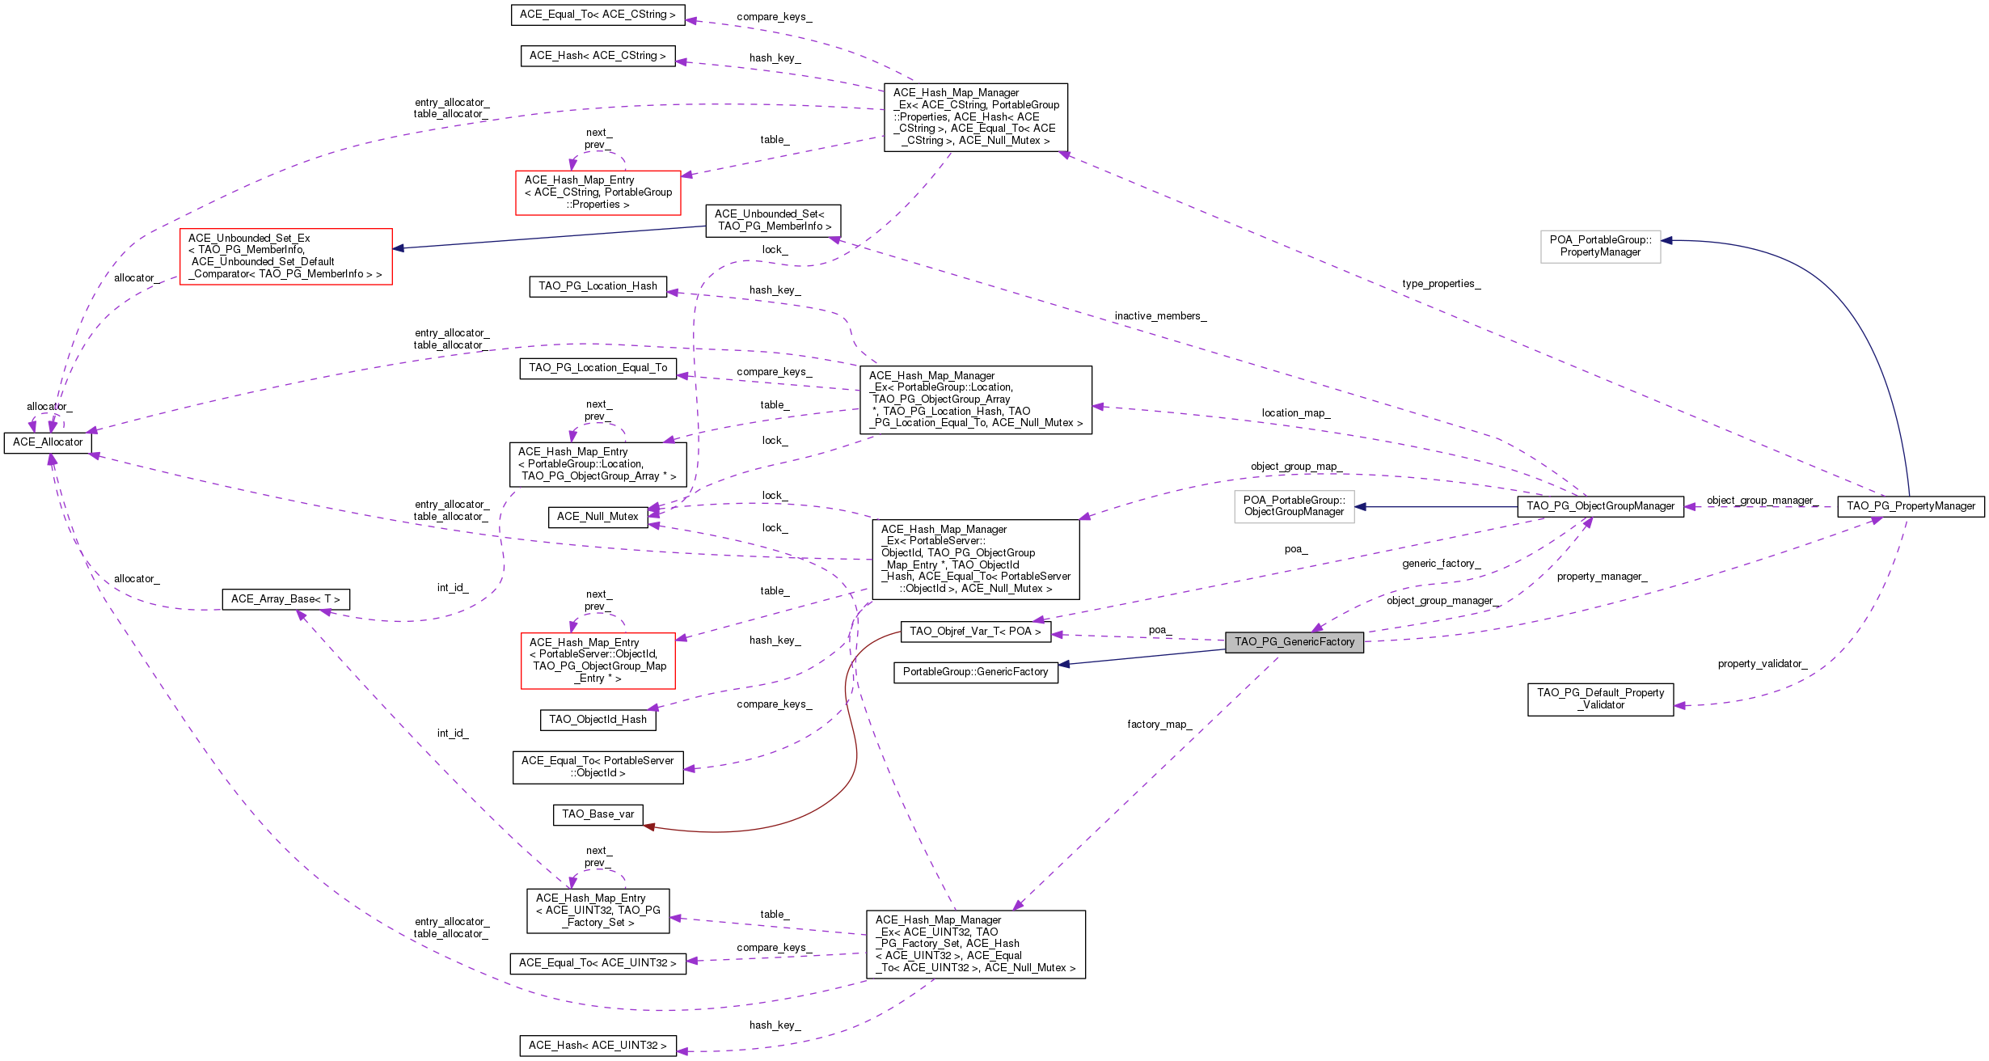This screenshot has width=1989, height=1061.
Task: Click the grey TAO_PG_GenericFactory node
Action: tap(1294, 642)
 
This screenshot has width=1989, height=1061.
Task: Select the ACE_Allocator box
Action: tap(48, 442)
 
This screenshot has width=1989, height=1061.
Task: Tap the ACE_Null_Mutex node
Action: tap(598, 517)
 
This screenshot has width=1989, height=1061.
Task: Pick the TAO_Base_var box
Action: tap(598, 814)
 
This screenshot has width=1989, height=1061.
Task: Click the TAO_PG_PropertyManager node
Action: tap(1911, 506)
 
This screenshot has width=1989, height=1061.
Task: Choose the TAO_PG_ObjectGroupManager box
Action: tap(1601, 506)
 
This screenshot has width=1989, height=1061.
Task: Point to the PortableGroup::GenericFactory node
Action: tap(976, 672)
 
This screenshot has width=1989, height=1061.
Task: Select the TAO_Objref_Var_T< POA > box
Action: tap(976, 632)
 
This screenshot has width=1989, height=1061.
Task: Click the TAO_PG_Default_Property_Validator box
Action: tap(1601, 700)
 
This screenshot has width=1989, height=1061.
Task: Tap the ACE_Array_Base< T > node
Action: tap(286, 599)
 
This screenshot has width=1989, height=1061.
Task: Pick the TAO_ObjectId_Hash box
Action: tap(598, 720)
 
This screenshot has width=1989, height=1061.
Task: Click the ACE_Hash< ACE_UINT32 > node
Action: tap(598, 1046)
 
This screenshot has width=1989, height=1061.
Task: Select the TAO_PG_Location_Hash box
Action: tap(598, 286)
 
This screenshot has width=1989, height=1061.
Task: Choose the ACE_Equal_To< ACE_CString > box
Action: tap(598, 15)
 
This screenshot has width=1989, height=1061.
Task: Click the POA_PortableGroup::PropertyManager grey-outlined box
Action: tap(1601, 247)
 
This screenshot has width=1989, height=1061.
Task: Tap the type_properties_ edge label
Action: tap(1442, 284)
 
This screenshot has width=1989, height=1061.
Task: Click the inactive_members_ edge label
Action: tap(1160, 316)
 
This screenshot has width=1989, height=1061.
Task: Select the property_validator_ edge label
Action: tap(1763, 664)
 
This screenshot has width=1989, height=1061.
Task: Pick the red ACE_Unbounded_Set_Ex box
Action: tap(286, 256)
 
